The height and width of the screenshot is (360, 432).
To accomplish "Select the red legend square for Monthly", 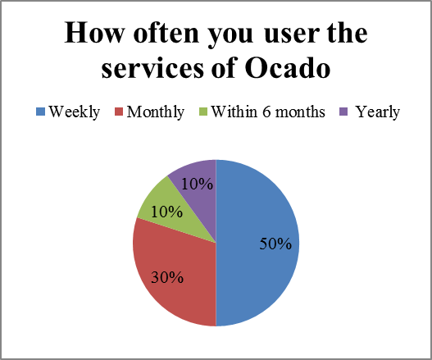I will [119, 112].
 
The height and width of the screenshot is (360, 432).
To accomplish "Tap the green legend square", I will [204, 112].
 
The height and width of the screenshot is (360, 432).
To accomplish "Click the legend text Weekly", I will [74, 112].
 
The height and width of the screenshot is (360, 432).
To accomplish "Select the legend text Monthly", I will [156, 112].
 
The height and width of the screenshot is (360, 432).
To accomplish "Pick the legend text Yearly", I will [377, 112].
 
